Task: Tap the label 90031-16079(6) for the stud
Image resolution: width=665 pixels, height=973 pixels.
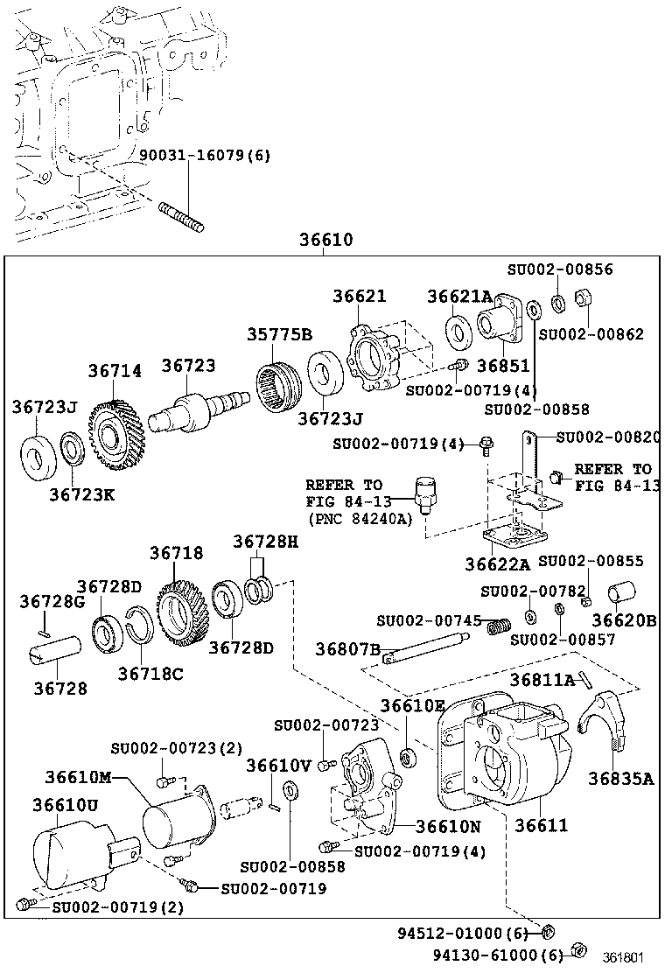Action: [206, 156]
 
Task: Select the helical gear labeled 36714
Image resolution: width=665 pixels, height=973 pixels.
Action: [112, 427]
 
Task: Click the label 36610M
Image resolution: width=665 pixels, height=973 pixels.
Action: [79, 778]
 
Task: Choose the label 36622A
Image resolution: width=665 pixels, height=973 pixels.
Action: [499, 564]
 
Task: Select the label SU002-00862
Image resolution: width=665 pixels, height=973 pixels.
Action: [591, 333]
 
